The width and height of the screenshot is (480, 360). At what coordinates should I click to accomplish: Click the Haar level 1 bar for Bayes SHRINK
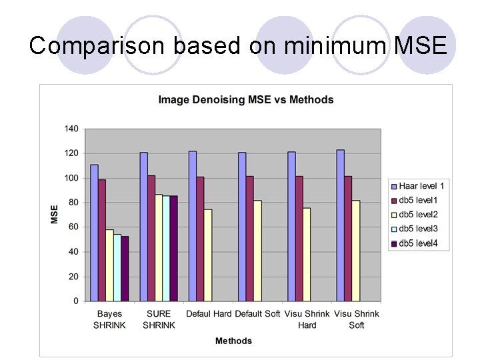pos(94,233)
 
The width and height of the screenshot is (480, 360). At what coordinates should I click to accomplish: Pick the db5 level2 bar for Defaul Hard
pos(208,255)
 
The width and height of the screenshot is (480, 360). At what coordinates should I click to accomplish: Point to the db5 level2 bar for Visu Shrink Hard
pos(307,254)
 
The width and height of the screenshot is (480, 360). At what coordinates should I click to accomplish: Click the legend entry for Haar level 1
pos(418,185)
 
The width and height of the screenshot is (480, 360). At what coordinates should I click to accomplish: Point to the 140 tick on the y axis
pos(71,129)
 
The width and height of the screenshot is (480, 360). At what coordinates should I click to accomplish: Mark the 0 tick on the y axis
pos(75,301)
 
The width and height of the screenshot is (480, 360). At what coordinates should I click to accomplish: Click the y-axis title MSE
pos(54,214)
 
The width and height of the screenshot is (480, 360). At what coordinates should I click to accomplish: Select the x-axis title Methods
pos(233,341)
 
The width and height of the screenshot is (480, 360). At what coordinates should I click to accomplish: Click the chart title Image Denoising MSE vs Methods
pos(245,100)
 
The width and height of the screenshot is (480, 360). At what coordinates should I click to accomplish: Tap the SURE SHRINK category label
pos(159,319)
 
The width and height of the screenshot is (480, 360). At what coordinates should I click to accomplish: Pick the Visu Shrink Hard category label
pos(307,319)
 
